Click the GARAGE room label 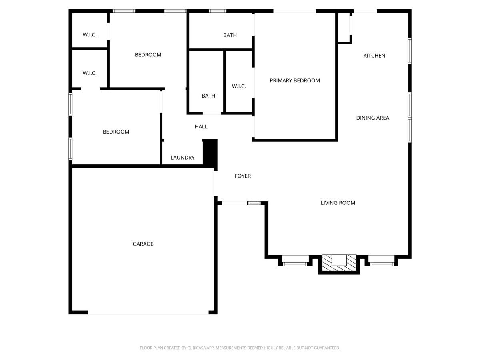[x=143, y=244]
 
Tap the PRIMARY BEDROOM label [x=295, y=80]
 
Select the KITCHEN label [x=374, y=56]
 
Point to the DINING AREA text [x=373, y=118]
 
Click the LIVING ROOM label [x=338, y=203]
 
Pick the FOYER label [x=243, y=176]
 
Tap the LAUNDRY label [x=182, y=158]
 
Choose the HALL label [x=201, y=127]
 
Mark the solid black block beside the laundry [x=210, y=152]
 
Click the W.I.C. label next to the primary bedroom [x=239, y=86]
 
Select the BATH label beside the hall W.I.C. [x=208, y=96]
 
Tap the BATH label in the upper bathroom [x=230, y=35]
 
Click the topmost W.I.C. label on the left [x=90, y=35]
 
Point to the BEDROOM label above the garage [x=116, y=132]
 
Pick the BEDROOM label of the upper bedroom [x=148, y=55]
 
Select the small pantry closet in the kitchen [x=344, y=28]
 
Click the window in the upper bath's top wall [x=218, y=11]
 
